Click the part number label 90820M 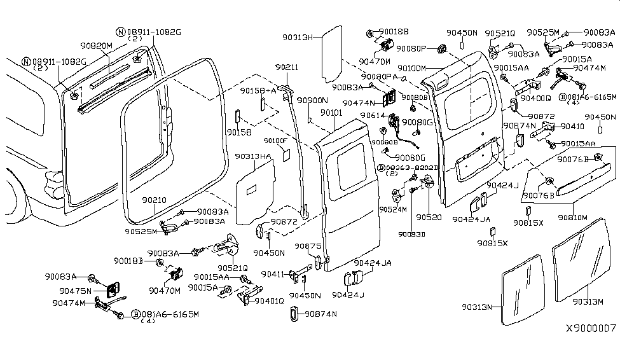point(97,46)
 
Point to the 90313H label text point(299,38)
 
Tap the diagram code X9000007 point(591,328)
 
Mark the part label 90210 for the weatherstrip point(154,200)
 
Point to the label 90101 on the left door point(331,113)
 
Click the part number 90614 point(375,115)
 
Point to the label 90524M point(394,209)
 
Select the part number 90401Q point(269,301)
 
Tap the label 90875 point(307,246)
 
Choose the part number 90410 point(572,126)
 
